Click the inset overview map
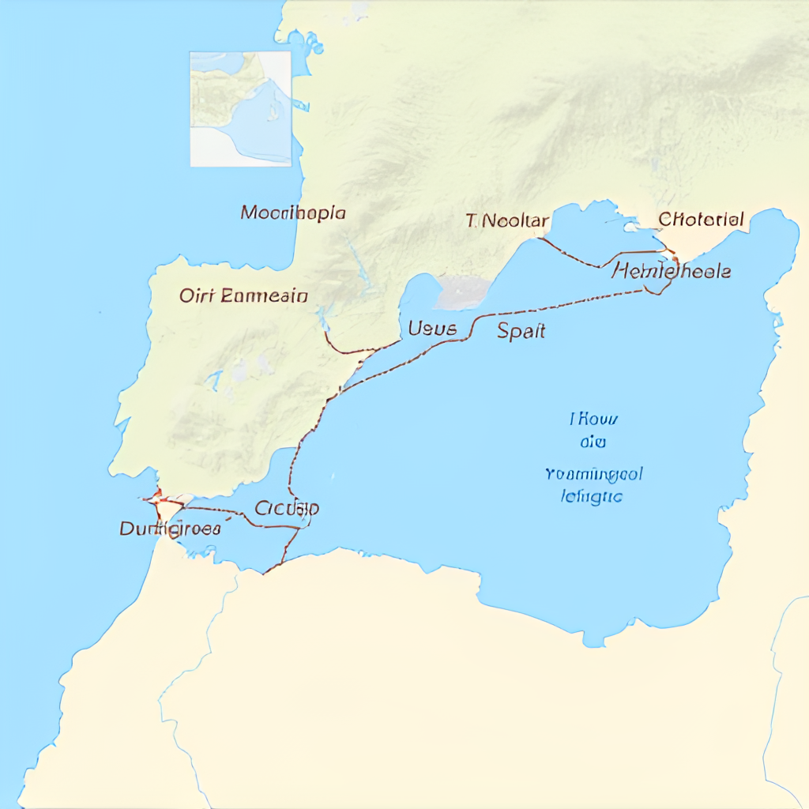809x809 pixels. point(241,109)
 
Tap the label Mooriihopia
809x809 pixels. point(293,213)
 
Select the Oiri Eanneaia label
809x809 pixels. point(243,296)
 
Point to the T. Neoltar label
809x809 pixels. point(506,220)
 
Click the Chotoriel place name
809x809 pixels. point(701,219)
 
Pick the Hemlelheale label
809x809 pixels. point(672,271)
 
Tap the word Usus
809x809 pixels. point(432,328)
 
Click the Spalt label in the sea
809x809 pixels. point(521,331)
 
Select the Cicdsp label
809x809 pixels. point(287,508)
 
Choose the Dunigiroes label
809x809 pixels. point(170,529)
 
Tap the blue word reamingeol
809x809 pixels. point(593,474)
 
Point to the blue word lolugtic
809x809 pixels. point(591,497)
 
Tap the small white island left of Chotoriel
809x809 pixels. point(632,227)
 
